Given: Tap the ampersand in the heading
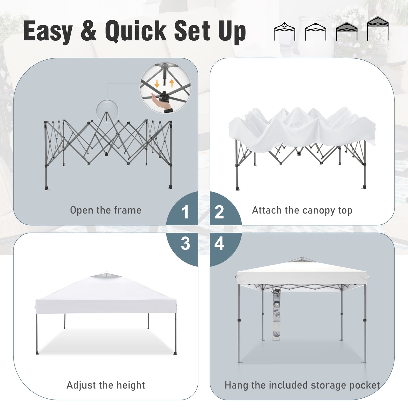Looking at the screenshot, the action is (x=89, y=31).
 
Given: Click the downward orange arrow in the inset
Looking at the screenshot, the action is (x=157, y=83).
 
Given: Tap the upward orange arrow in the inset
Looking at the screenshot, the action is (x=171, y=83).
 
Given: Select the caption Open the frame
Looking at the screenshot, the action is (x=106, y=210).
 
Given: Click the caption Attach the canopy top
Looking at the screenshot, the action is (x=302, y=210).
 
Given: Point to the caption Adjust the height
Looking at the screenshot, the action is (x=106, y=385).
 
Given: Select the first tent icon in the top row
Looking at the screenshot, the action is (x=284, y=32).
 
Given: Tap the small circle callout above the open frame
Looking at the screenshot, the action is (x=107, y=111).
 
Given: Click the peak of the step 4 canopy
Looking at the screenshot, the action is (x=302, y=258).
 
